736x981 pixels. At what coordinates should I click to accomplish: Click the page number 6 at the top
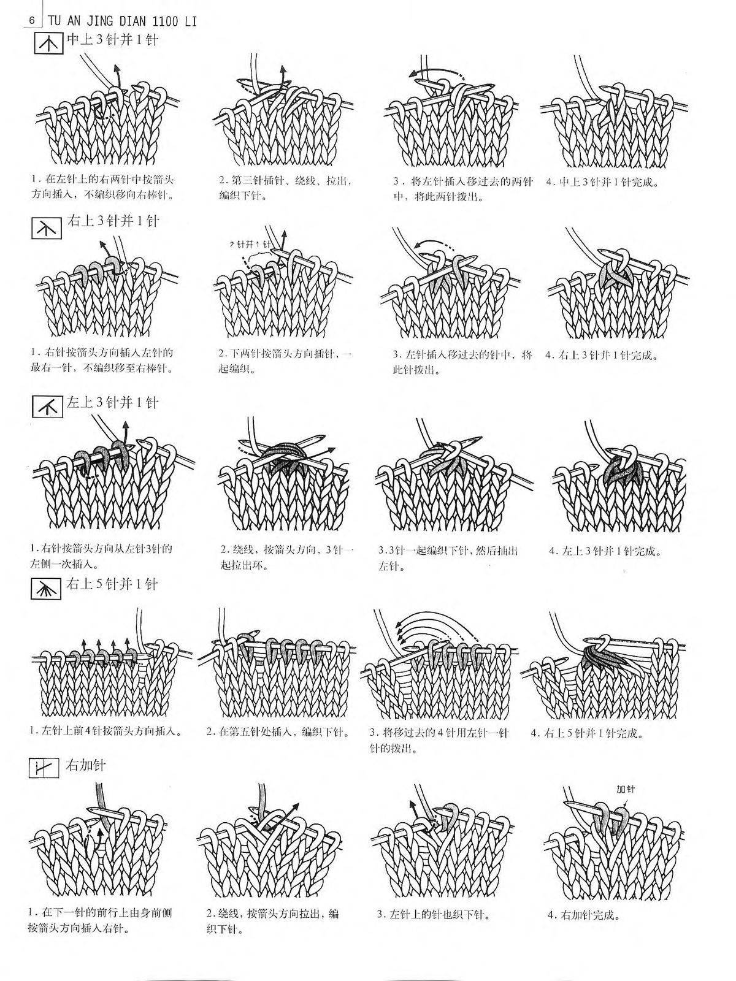coord(32,21)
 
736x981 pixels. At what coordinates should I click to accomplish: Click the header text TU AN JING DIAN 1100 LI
coord(120,21)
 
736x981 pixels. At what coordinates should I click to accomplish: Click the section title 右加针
coord(85,765)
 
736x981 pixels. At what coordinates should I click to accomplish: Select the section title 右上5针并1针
coord(112,584)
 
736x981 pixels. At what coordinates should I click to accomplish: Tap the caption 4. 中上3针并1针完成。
coord(602,182)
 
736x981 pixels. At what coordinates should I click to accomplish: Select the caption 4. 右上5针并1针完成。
coord(587,733)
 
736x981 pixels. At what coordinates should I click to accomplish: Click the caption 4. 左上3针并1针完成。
coord(605,551)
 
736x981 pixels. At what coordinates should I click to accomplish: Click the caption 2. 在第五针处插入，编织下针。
coord(278,732)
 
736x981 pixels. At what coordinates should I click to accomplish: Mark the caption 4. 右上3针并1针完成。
coord(602,356)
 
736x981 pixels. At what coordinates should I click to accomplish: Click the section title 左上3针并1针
coord(112,402)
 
